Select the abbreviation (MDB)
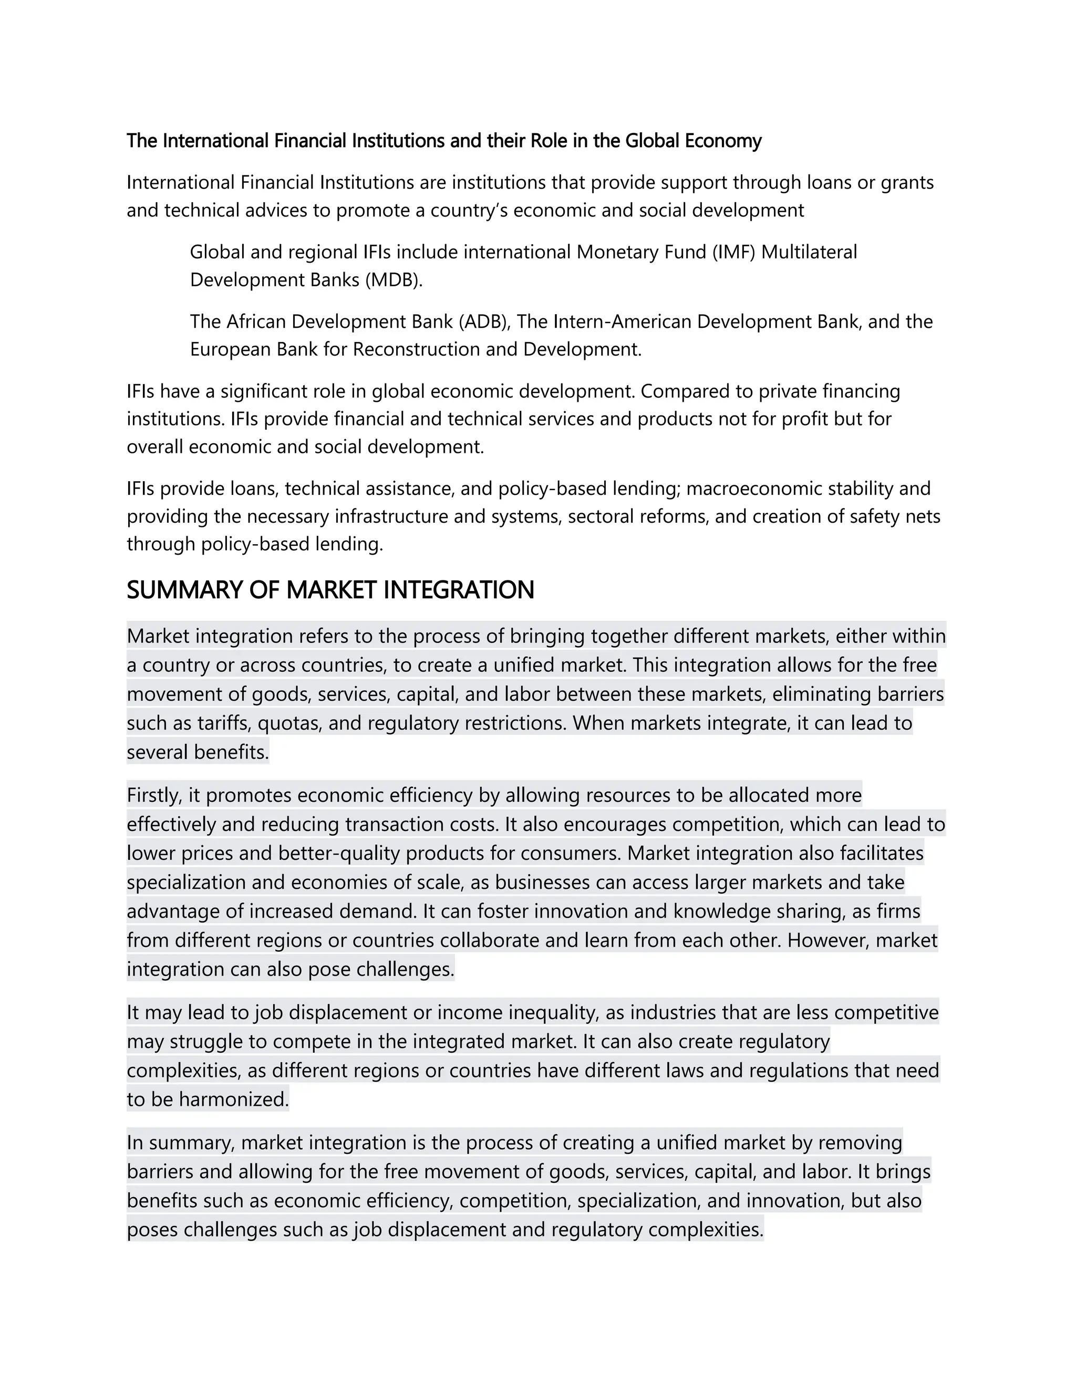coord(394,281)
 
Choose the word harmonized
coord(233,1099)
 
